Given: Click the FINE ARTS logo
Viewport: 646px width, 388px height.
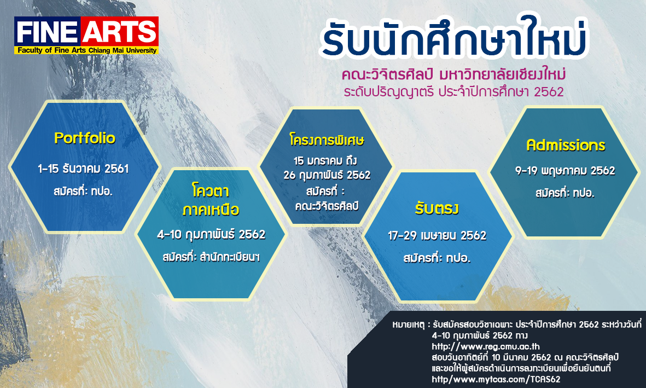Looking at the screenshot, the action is (x=86, y=36).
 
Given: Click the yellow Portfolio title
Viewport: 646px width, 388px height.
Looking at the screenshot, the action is (x=85, y=138).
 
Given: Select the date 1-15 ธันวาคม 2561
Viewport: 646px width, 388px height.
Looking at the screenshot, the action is (x=83, y=169).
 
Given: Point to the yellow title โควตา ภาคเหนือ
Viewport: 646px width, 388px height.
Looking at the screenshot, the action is (x=211, y=200).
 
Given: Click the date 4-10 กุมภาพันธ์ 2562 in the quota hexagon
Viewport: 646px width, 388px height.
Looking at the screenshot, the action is (x=211, y=235).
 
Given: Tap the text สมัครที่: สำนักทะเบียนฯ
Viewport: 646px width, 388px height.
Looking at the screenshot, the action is (x=211, y=257).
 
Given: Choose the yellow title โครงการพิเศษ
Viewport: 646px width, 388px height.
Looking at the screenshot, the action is (x=327, y=140).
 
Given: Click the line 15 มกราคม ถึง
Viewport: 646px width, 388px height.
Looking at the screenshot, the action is (x=325, y=160).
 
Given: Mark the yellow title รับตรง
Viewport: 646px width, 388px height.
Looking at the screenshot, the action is (x=437, y=208).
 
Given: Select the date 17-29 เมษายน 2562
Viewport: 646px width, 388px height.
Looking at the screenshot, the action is (x=437, y=235).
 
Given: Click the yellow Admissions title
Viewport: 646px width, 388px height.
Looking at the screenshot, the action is (x=566, y=145).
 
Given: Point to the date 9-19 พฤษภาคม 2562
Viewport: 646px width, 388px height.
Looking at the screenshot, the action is (x=565, y=171).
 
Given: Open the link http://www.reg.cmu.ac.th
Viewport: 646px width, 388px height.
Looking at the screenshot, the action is (x=486, y=346).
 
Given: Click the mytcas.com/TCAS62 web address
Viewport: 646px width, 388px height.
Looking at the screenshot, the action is (x=496, y=379).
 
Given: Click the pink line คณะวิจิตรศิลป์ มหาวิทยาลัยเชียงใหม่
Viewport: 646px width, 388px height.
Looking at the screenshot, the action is (x=453, y=74).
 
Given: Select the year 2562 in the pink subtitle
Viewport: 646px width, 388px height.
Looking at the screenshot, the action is (x=549, y=91).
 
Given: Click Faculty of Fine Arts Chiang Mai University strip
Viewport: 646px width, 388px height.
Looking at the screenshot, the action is (x=86, y=50).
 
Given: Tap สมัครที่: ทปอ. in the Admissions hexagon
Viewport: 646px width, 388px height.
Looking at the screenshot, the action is (x=565, y=193).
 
